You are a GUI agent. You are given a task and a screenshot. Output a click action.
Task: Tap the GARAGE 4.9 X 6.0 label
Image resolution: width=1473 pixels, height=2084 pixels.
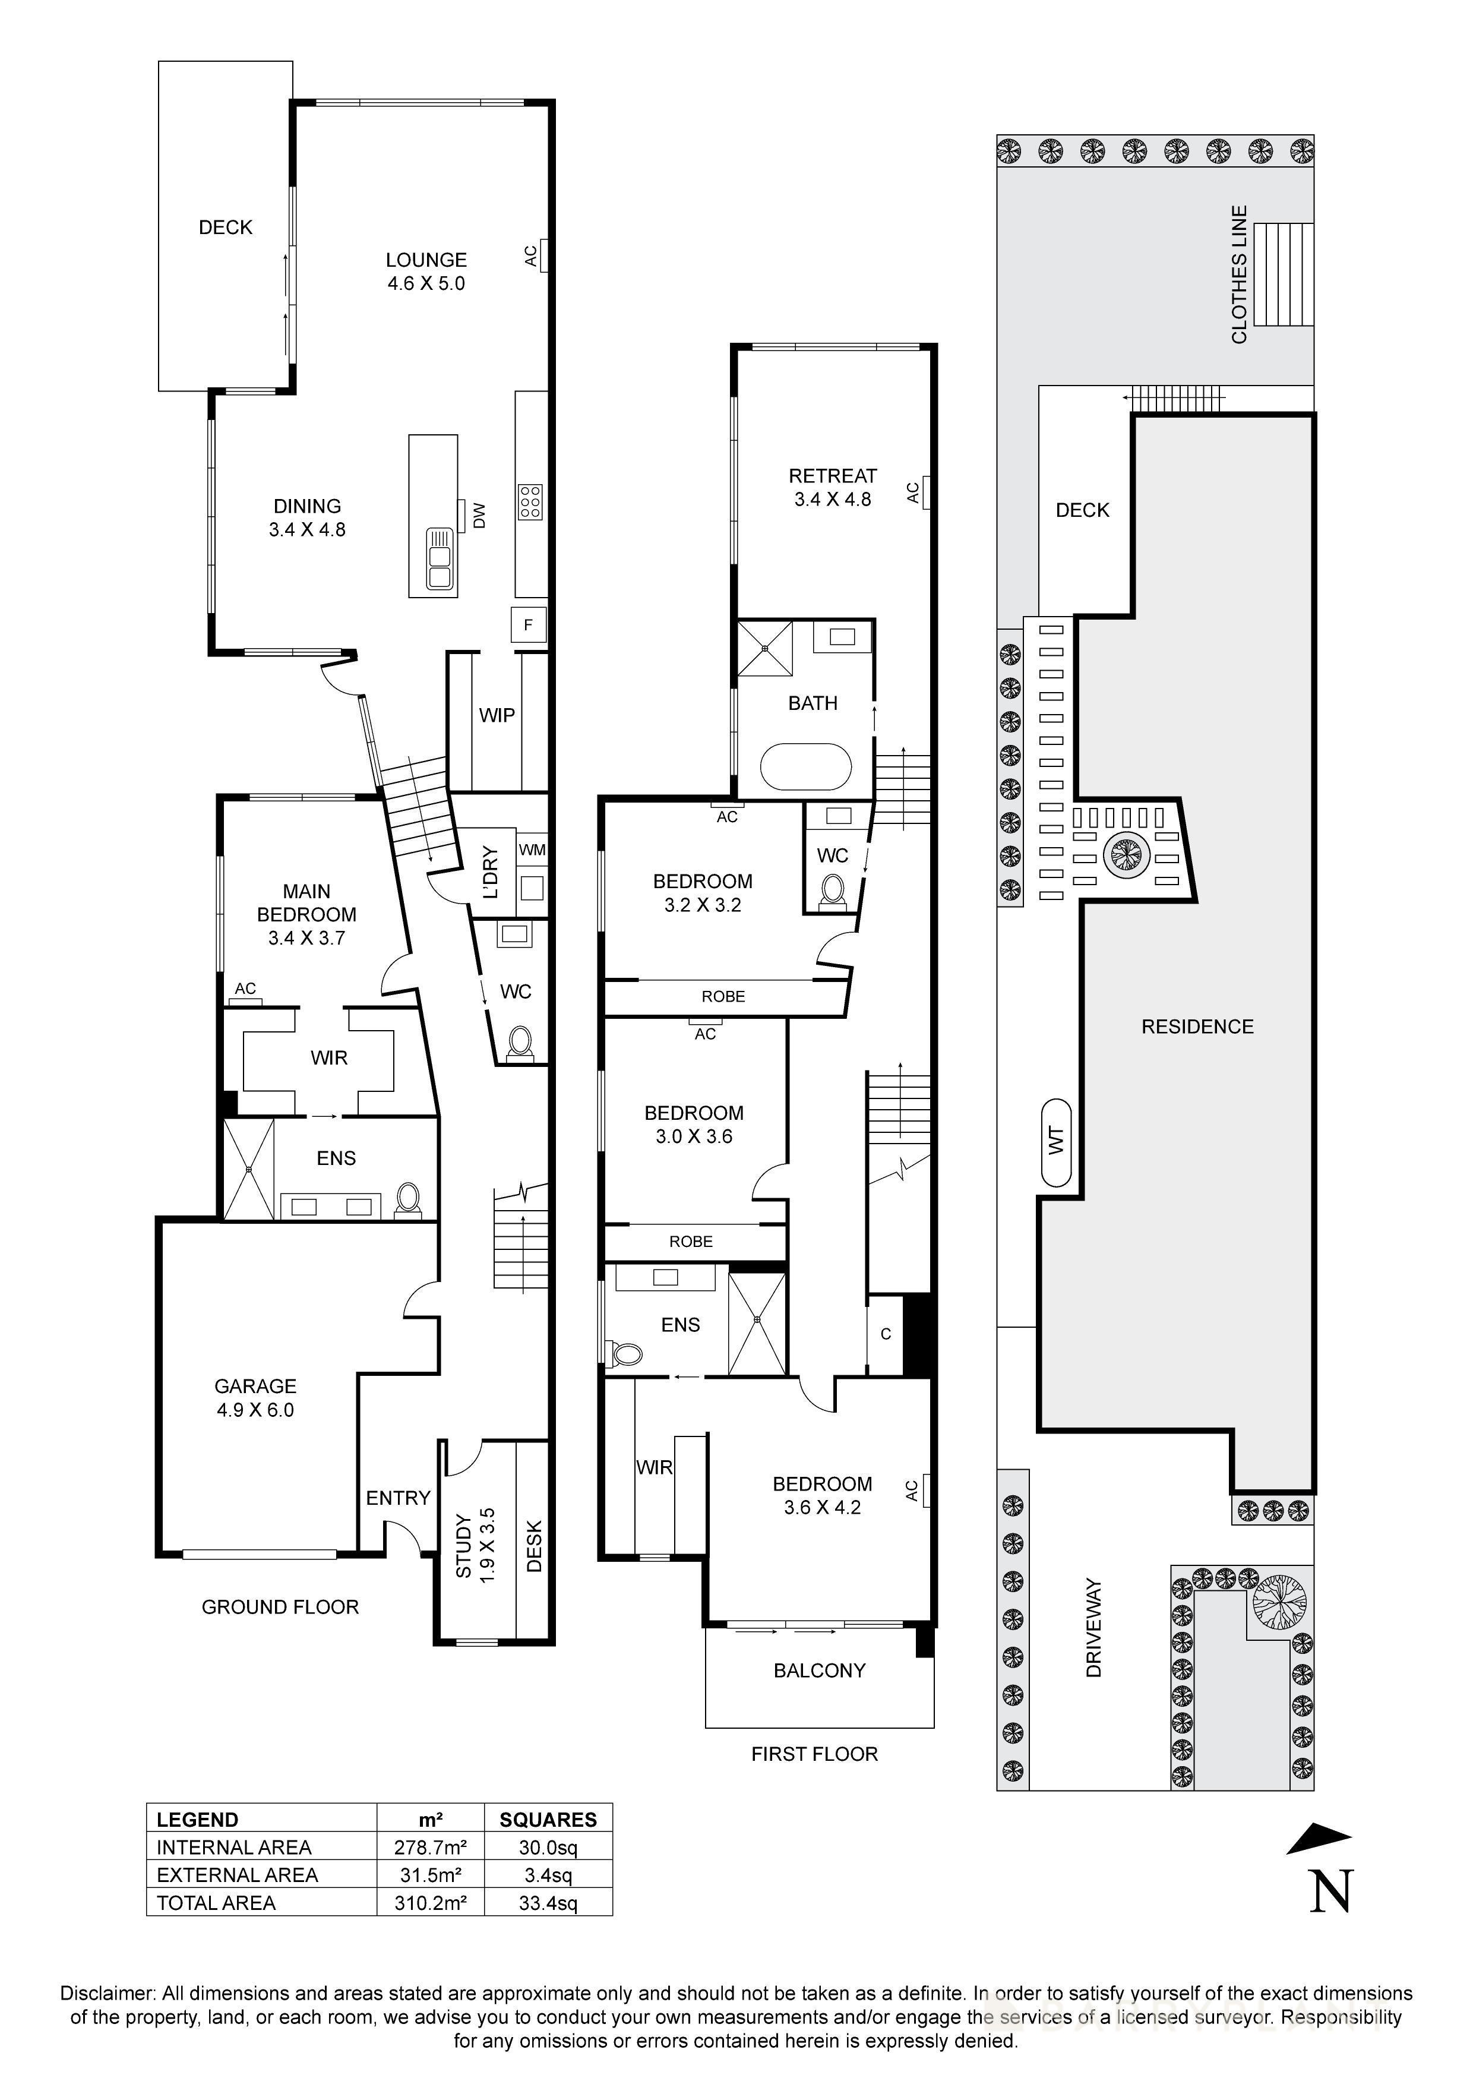255,1398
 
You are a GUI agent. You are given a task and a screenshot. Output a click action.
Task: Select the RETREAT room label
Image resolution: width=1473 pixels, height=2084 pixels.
832,476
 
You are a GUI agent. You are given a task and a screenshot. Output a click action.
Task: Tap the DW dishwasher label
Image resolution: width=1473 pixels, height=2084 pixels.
480,516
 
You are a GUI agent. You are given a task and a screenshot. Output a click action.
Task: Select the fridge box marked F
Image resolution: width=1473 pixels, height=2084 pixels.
528,624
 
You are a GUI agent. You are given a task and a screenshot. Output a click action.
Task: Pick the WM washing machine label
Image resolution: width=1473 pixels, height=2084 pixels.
532,850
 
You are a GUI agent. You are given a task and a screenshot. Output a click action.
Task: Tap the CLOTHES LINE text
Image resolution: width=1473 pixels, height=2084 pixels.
1239,274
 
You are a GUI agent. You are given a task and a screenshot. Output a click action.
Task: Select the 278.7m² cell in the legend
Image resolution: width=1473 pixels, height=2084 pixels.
430,1847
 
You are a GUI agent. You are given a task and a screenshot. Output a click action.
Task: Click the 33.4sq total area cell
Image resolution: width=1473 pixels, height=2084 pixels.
547,1902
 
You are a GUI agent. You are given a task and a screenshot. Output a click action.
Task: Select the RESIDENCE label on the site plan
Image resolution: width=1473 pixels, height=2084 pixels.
1197,1027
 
